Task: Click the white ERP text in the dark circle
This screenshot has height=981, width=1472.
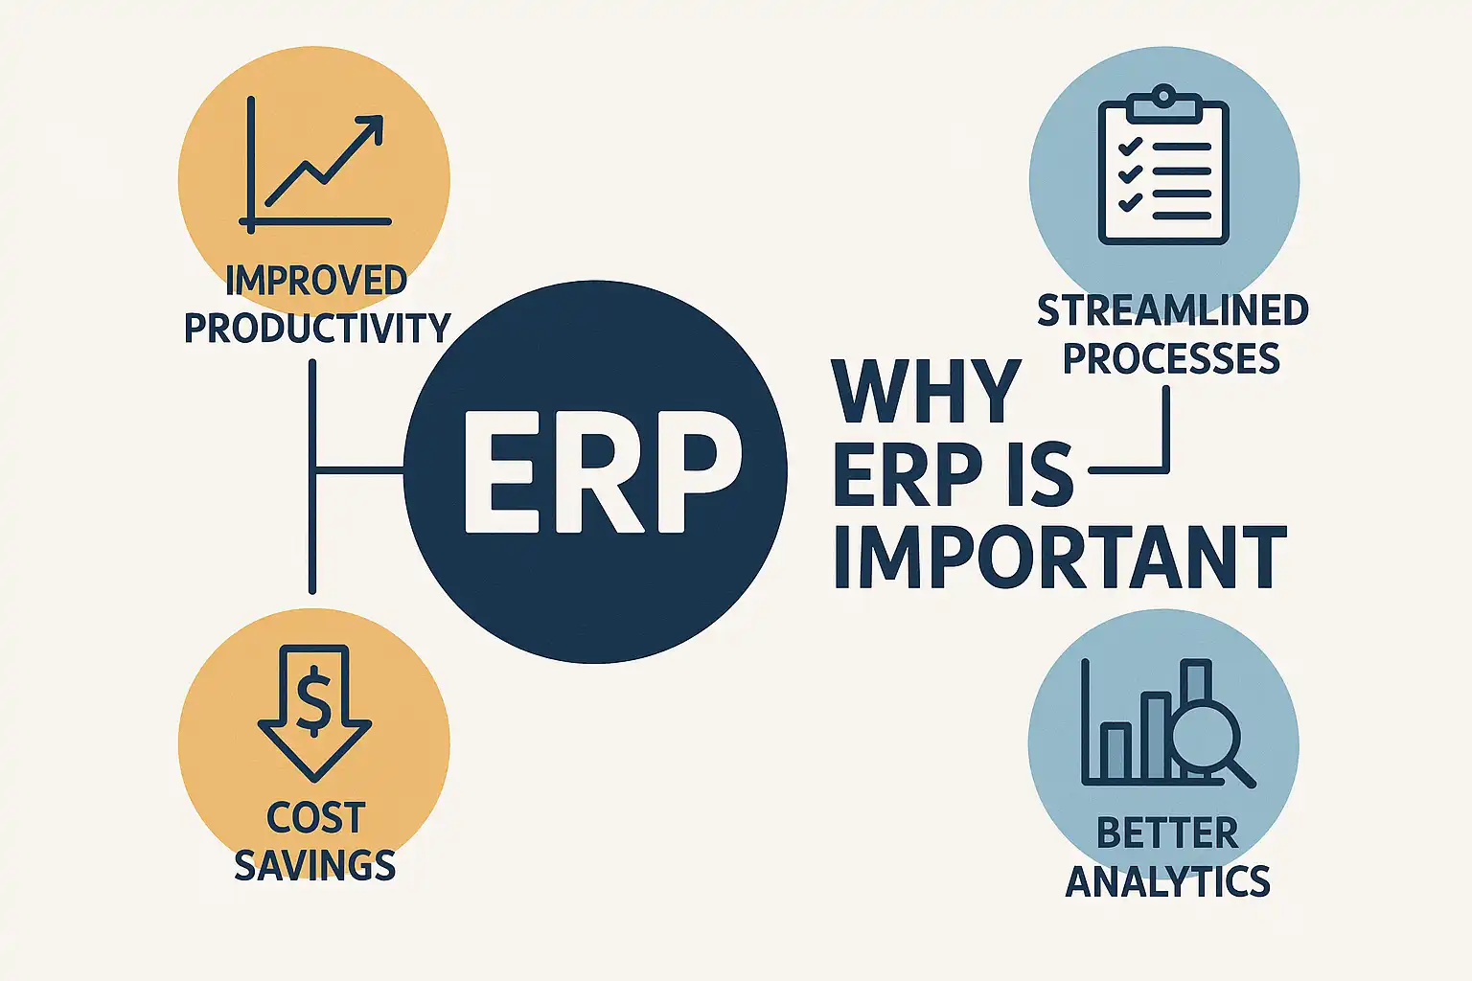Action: pos(603,472)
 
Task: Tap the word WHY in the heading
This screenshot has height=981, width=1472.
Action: pos(927,392)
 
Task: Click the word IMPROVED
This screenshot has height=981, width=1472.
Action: pos(316,281)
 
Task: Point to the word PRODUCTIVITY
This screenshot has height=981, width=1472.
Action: pos(317,328)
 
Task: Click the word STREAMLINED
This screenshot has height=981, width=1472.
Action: pos(1173,310)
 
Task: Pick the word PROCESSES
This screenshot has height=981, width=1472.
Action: pos(1172,358)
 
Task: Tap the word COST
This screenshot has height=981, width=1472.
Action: pos(315,818)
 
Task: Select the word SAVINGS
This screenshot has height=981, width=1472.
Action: pos(314,865)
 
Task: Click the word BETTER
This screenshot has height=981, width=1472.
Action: pos(1167,833)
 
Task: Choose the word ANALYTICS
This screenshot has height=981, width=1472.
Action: pos(1168,881)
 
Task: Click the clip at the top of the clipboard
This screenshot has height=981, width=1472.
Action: pos(1163,105)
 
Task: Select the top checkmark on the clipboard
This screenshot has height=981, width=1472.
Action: pos(1130,146)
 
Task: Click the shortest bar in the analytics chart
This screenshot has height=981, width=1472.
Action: pos(1115,752)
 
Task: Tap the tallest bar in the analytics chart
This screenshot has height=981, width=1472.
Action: pos(1196,687)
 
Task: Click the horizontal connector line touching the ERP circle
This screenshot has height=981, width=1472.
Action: pos(359,469)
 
